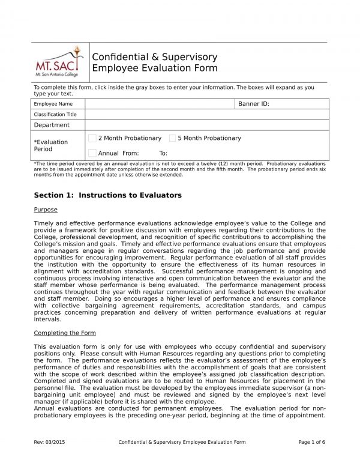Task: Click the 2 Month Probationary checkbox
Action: coord(92,138)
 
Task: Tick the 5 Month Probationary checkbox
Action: coord(173,138)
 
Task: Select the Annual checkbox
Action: coord(92,153)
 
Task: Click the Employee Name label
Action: coord(53,104)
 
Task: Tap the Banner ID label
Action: coord(253,104)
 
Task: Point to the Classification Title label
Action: coord(55,114)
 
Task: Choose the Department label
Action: coord(52,125)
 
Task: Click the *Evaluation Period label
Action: coord(50,145)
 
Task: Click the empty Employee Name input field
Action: coord(159,104)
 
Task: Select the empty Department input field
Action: coord(207,125)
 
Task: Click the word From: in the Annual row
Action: coord(130,153)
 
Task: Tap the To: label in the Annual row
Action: coord(163,153)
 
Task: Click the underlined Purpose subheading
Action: coord(46,210)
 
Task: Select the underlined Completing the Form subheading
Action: coord(64,333)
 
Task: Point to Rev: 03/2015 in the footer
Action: coord(50,442)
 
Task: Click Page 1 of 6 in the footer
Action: coord(311,442)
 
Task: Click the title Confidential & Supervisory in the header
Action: coord(154,57)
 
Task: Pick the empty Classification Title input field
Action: coord(207,114)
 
